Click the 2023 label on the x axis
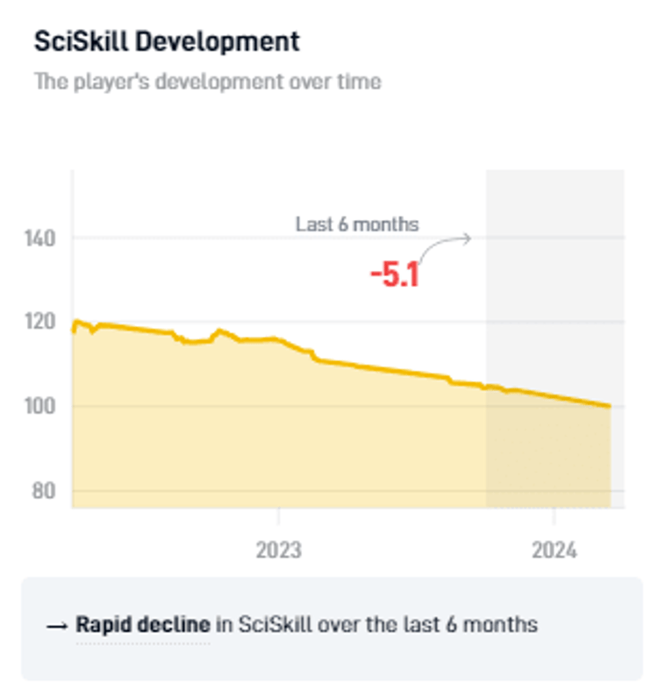click(278, 551)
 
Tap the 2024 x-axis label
click(554, 551)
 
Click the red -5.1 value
click(395, 275)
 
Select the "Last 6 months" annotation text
click(357, 224)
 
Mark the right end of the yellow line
click(610, 406)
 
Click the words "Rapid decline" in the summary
click(143, 625)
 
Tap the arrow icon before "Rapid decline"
click(57, 626)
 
